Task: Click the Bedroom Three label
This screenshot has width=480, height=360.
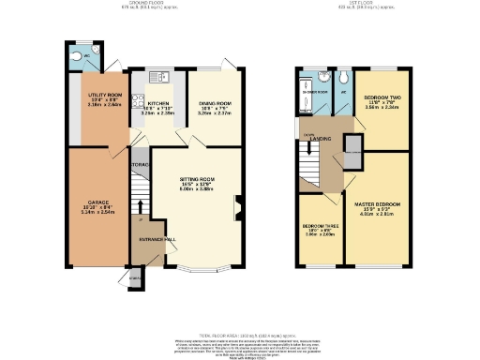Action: coord(319,226)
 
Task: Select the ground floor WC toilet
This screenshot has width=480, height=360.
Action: coord(75,54)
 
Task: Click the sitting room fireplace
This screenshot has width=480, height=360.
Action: coord(240,207)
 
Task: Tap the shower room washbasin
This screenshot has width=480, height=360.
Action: coord(323,80)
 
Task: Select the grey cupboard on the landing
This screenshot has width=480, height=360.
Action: coord(352,152)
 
